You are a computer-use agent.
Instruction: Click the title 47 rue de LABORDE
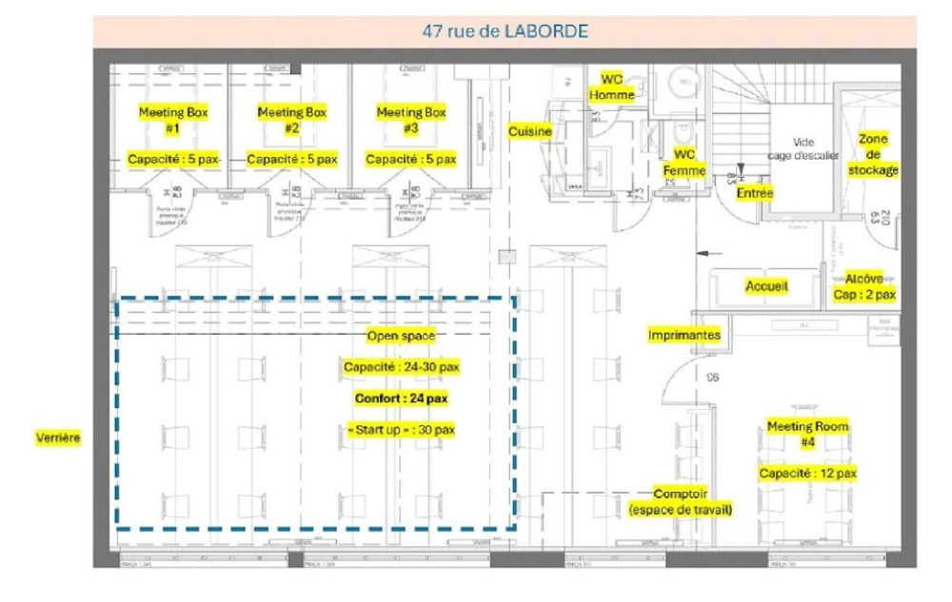(x=506, y=31)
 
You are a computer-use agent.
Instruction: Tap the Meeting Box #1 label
(x=173, y=120)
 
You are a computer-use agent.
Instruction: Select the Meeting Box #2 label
(x=292, y=120)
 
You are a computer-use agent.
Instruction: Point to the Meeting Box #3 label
(x=411, y=120)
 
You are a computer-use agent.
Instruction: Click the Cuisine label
(x=530, y=131)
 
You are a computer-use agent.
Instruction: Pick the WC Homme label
(x=610, y=87)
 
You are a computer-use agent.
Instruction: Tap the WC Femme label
(x=684, y=163)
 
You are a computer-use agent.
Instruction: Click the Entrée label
(x=755, y=193)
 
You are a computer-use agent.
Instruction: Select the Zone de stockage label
(x=872, y=154)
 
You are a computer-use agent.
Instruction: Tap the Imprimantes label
(x=684, y=335)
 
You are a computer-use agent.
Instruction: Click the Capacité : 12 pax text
(x=807, y=473)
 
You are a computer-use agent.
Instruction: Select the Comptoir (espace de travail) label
(x=681, y=502)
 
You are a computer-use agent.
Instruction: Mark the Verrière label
(x=58, y=438)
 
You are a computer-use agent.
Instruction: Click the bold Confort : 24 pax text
(x=401, y=398)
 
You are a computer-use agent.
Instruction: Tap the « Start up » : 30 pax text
(x=401, y=430)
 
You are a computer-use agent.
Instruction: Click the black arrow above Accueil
(x=708, y=254)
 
